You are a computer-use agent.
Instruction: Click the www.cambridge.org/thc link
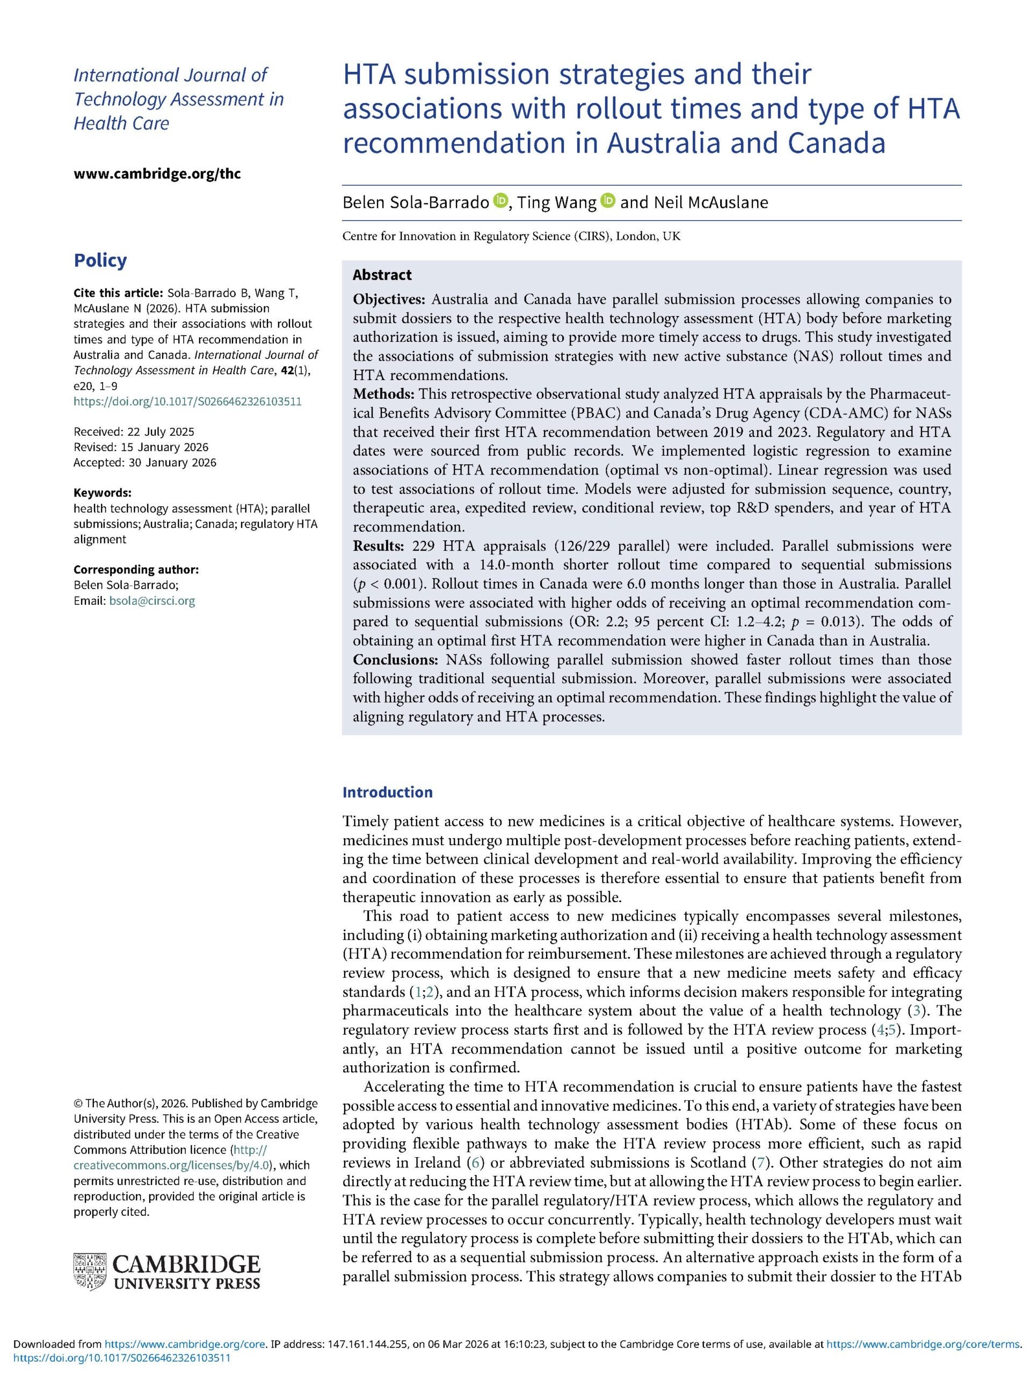[157, 173]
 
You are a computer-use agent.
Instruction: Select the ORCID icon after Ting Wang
[608, 201]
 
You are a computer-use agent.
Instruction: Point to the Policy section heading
[100, 260]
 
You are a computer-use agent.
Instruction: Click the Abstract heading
[382, 275]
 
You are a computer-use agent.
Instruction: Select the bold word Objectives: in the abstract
[389, 299]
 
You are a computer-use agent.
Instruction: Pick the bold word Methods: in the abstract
[383, 394]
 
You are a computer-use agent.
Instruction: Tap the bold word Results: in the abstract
[379, 546]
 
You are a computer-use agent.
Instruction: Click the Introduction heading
[387, 792]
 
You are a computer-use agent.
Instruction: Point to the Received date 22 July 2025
[134, 432]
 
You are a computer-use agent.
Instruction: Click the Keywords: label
[103, 493]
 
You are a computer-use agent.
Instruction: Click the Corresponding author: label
[136, 569]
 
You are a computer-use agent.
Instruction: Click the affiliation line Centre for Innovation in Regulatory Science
[511, 237]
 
